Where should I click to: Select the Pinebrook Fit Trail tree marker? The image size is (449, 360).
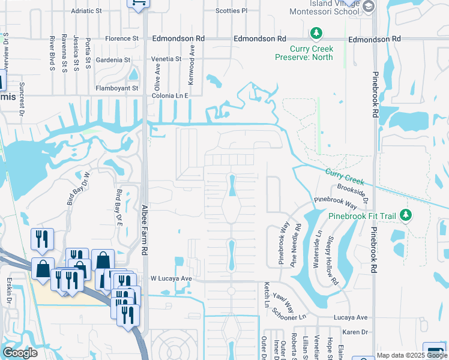point(406,215)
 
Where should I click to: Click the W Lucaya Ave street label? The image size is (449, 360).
point(170,279)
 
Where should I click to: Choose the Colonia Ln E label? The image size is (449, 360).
point(170,95)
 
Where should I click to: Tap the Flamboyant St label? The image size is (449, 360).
point(117,88)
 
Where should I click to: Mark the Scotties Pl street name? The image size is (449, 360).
point(231,11)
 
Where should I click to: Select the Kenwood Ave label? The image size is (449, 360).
point(192,61)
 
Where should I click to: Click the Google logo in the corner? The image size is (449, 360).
point(20,353)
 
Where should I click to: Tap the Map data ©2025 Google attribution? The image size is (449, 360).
point(411,355)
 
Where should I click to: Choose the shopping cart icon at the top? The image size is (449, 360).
point(139,4)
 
